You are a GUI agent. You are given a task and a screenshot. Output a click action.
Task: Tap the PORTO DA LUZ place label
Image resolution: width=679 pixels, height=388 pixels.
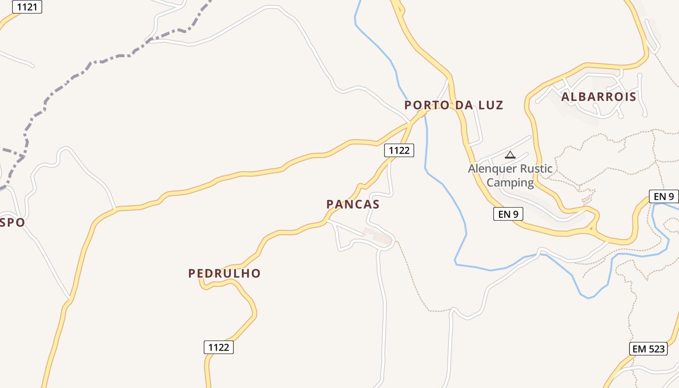453,105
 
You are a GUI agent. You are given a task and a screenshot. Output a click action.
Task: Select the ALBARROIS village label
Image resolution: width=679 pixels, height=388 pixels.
598,97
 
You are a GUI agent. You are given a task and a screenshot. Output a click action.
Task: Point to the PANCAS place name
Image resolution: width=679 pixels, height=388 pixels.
353,204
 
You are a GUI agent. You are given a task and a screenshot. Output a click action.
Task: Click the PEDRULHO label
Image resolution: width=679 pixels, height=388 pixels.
224,274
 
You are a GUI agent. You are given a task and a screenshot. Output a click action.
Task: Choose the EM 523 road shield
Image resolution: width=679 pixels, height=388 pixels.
649,348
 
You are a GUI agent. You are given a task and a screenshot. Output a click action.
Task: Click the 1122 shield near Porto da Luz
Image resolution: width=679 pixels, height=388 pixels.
399,150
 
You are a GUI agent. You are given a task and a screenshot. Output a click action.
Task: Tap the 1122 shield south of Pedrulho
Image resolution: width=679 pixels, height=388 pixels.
218,347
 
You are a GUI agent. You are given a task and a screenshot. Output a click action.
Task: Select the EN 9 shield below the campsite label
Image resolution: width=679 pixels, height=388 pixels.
508,213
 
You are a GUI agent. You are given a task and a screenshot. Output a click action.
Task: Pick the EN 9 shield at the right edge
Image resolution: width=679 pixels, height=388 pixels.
663,196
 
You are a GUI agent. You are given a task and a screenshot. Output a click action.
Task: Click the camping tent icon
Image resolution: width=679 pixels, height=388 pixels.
510,155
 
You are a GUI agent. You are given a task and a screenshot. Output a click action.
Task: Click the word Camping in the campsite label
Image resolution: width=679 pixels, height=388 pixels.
510,182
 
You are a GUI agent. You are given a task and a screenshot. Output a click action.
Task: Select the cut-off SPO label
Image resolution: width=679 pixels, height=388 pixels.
13,223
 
